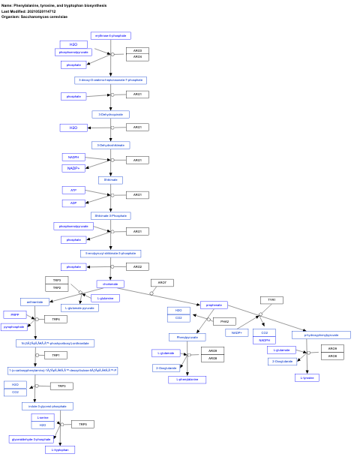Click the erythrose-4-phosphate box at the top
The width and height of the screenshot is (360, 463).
[111, 35]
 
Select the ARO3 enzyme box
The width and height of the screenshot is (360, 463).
[137, 50]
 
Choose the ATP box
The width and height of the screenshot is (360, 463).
[73, 191]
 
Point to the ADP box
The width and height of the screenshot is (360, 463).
[73, 203]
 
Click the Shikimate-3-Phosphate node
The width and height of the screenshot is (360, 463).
[111, 215]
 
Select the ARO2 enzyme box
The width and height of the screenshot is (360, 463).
[137, 266]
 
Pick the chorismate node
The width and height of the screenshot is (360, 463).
[110, 284]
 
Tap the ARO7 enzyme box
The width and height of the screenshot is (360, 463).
[161, 283]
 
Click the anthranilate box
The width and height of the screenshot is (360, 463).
[35, 302]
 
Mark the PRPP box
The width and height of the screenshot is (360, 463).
[14, 314]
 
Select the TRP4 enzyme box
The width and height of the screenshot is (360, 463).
[55, 319]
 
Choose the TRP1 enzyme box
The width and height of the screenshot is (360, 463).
[55, 355]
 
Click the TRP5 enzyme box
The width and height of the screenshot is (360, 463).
[82, 424]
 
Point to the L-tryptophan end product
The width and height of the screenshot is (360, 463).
[60, 449]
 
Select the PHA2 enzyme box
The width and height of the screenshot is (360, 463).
[223, 321]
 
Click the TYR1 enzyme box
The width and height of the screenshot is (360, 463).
[272, 299]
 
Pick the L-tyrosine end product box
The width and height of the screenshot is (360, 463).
[307, 377]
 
